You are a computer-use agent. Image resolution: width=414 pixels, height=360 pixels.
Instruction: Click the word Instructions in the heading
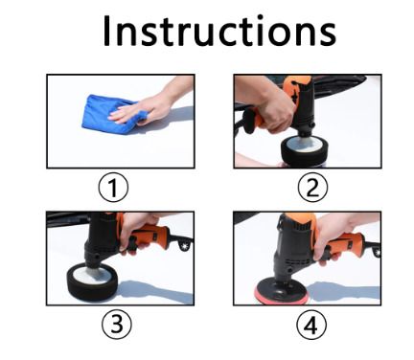[219, 31]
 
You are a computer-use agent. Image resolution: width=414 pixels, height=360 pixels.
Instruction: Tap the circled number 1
[113, 188]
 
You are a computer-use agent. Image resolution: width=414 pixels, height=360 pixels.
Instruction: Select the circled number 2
[312, 188]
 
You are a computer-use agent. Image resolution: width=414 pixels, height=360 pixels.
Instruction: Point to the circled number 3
[117, 325]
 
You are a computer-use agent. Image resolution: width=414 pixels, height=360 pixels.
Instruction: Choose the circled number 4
[311, 326]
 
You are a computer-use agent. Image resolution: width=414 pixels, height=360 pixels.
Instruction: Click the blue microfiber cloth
[108, 114]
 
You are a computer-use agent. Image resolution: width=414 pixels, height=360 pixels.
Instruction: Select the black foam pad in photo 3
[92, 281]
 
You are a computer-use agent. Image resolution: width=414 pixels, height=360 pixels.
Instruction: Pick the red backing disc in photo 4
[281, 294]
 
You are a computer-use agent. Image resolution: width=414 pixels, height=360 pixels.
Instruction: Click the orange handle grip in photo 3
[150, 236]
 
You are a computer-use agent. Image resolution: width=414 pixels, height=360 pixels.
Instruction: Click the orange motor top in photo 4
[300, 220]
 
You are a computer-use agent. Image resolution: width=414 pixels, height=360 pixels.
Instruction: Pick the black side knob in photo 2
[250, 121]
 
